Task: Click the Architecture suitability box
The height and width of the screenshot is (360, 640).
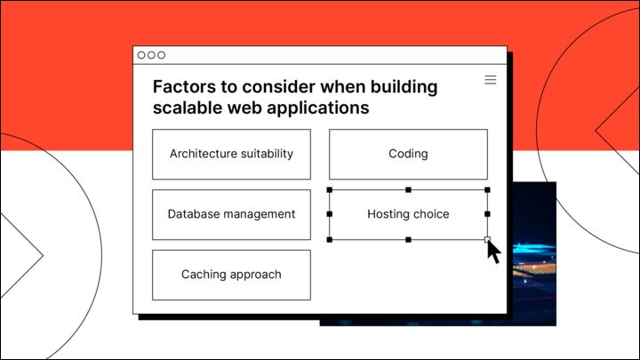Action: click(x=231, y=154)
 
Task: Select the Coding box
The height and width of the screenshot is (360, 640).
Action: click(x=408, y=154)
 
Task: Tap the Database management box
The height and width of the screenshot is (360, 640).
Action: click(x=231, y=214)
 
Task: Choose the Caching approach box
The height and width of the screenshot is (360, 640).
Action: click(x=231, y=275)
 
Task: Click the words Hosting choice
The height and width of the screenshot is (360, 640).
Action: click(x=408, y=214)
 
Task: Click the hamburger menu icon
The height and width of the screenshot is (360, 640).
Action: click(x=490, y=80)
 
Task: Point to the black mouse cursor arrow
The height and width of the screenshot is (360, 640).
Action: click(x=493, y=252)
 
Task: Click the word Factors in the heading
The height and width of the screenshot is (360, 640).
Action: click(x=183, y=87)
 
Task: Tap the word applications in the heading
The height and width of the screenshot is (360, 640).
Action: click(x=319, y=108)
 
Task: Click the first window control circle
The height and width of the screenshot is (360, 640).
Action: click(x=141, y=55)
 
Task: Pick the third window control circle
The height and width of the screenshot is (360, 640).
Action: click(x=162, y=55)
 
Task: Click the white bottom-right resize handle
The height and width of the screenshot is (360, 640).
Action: click(x=487, y=239)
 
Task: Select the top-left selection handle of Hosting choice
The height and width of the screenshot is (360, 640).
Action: click(x=330, y=189)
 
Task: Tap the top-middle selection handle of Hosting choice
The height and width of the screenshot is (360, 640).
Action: click(x=408, y=189)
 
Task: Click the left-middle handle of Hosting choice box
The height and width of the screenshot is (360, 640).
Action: click(x=330, y=214)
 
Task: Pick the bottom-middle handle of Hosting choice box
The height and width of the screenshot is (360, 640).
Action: click(x=408, y=239)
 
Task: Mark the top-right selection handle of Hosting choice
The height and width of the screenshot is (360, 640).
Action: click(x=487, y=189)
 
